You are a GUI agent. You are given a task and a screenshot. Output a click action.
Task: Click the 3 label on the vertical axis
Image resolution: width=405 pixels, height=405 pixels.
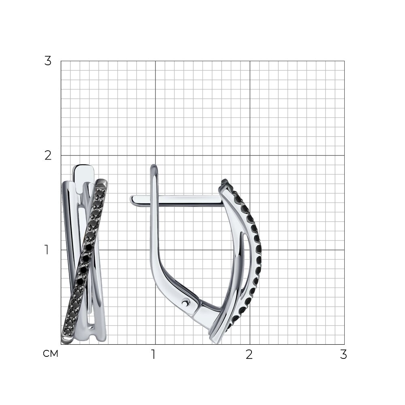(48, 61)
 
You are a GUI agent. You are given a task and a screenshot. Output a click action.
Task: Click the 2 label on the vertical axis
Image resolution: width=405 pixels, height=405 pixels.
(48, 156)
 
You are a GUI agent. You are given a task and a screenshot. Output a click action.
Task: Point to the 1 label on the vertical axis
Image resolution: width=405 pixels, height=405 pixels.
(47, 250)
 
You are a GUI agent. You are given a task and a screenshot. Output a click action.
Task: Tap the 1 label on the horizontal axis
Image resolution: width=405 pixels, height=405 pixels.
(153, 355)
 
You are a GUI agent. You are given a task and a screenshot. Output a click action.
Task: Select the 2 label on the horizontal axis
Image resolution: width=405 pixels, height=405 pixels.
(249, 355)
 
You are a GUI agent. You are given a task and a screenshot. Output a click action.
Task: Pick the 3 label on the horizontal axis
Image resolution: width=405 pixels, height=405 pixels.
(343, 355)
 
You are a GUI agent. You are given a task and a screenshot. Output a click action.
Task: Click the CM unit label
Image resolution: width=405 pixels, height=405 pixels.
(51, 354)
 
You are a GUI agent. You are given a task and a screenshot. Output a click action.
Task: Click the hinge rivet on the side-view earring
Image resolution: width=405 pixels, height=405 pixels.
(185, 302)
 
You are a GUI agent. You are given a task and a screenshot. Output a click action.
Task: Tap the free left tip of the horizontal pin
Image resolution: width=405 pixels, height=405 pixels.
(130, 199)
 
